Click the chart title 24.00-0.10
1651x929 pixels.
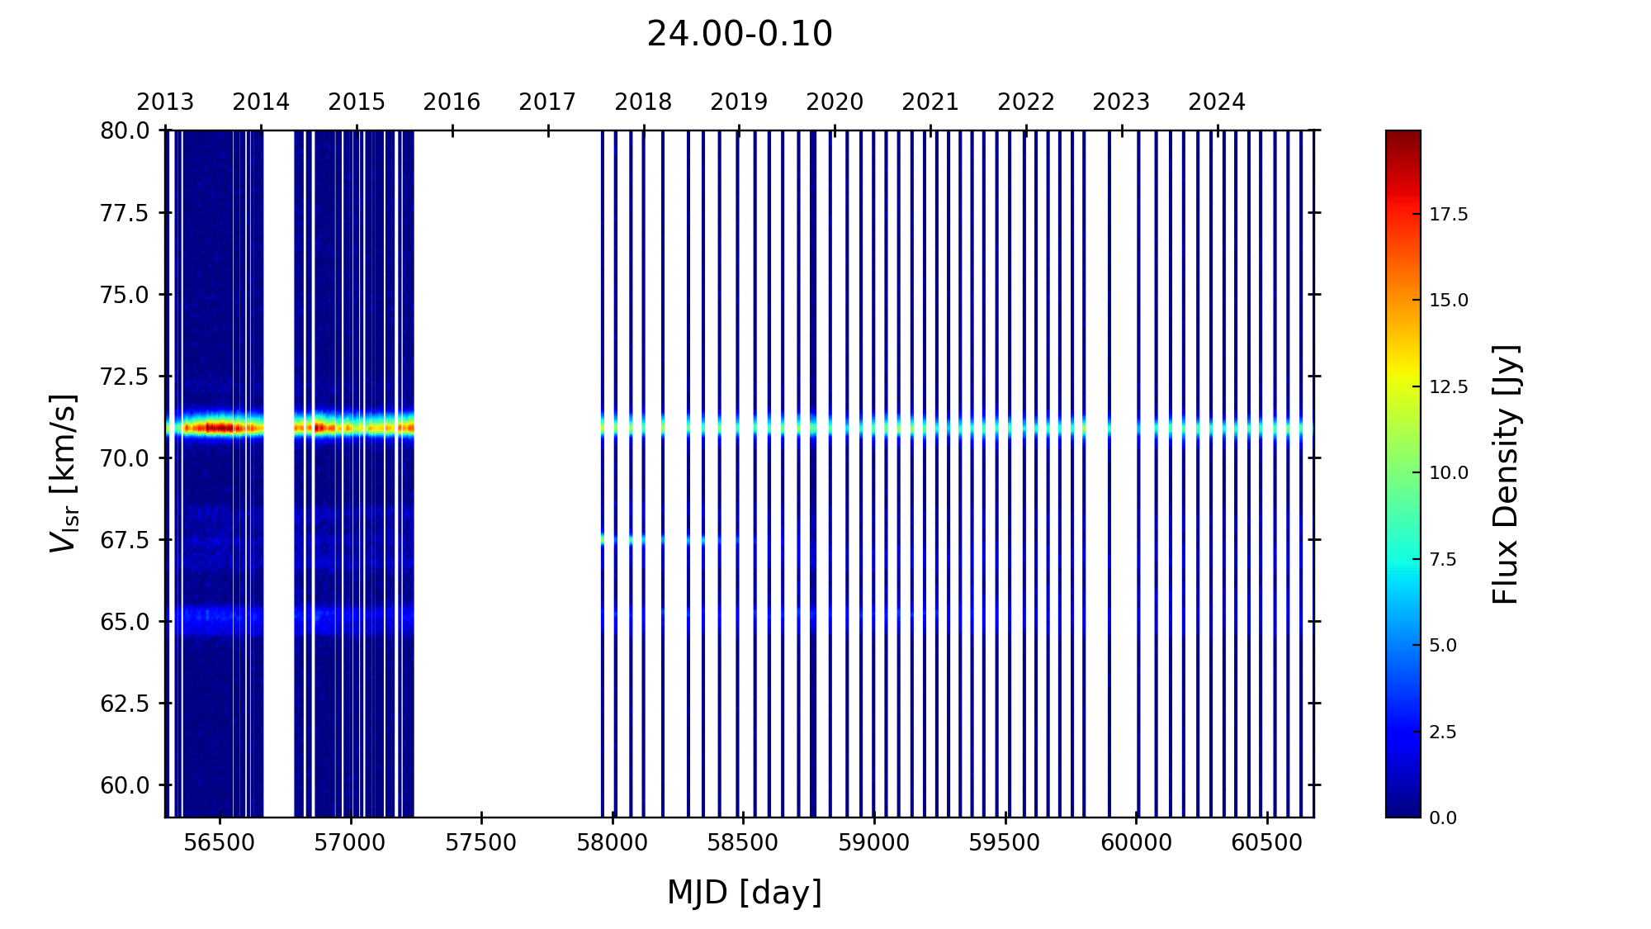[739, 35]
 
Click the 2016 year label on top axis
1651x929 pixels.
[452, 102]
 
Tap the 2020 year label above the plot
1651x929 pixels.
[834, 102]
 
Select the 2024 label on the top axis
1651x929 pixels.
[1216, 102]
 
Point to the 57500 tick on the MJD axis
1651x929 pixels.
[480, 843]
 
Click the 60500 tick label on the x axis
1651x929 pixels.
[1266, 843]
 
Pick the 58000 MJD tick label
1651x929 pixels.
[612, 843]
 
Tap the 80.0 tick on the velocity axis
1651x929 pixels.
[125, 131]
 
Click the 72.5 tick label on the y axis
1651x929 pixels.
[125, 377]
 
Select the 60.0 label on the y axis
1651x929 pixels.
[125, 785]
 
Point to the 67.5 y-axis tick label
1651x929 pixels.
[125, 540]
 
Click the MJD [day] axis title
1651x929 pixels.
[744, 893]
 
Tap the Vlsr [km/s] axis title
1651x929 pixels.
[64, 473]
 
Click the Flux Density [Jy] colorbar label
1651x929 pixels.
[1506, 474]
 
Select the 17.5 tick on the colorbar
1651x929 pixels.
[1449, 215]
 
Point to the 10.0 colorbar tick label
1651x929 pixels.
[1449, 473]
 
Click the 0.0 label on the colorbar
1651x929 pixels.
[1443, 818]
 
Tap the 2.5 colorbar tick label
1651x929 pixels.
[1443, 732]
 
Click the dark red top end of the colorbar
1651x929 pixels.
[1403, 135]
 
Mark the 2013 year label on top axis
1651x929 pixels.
[165, 102]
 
